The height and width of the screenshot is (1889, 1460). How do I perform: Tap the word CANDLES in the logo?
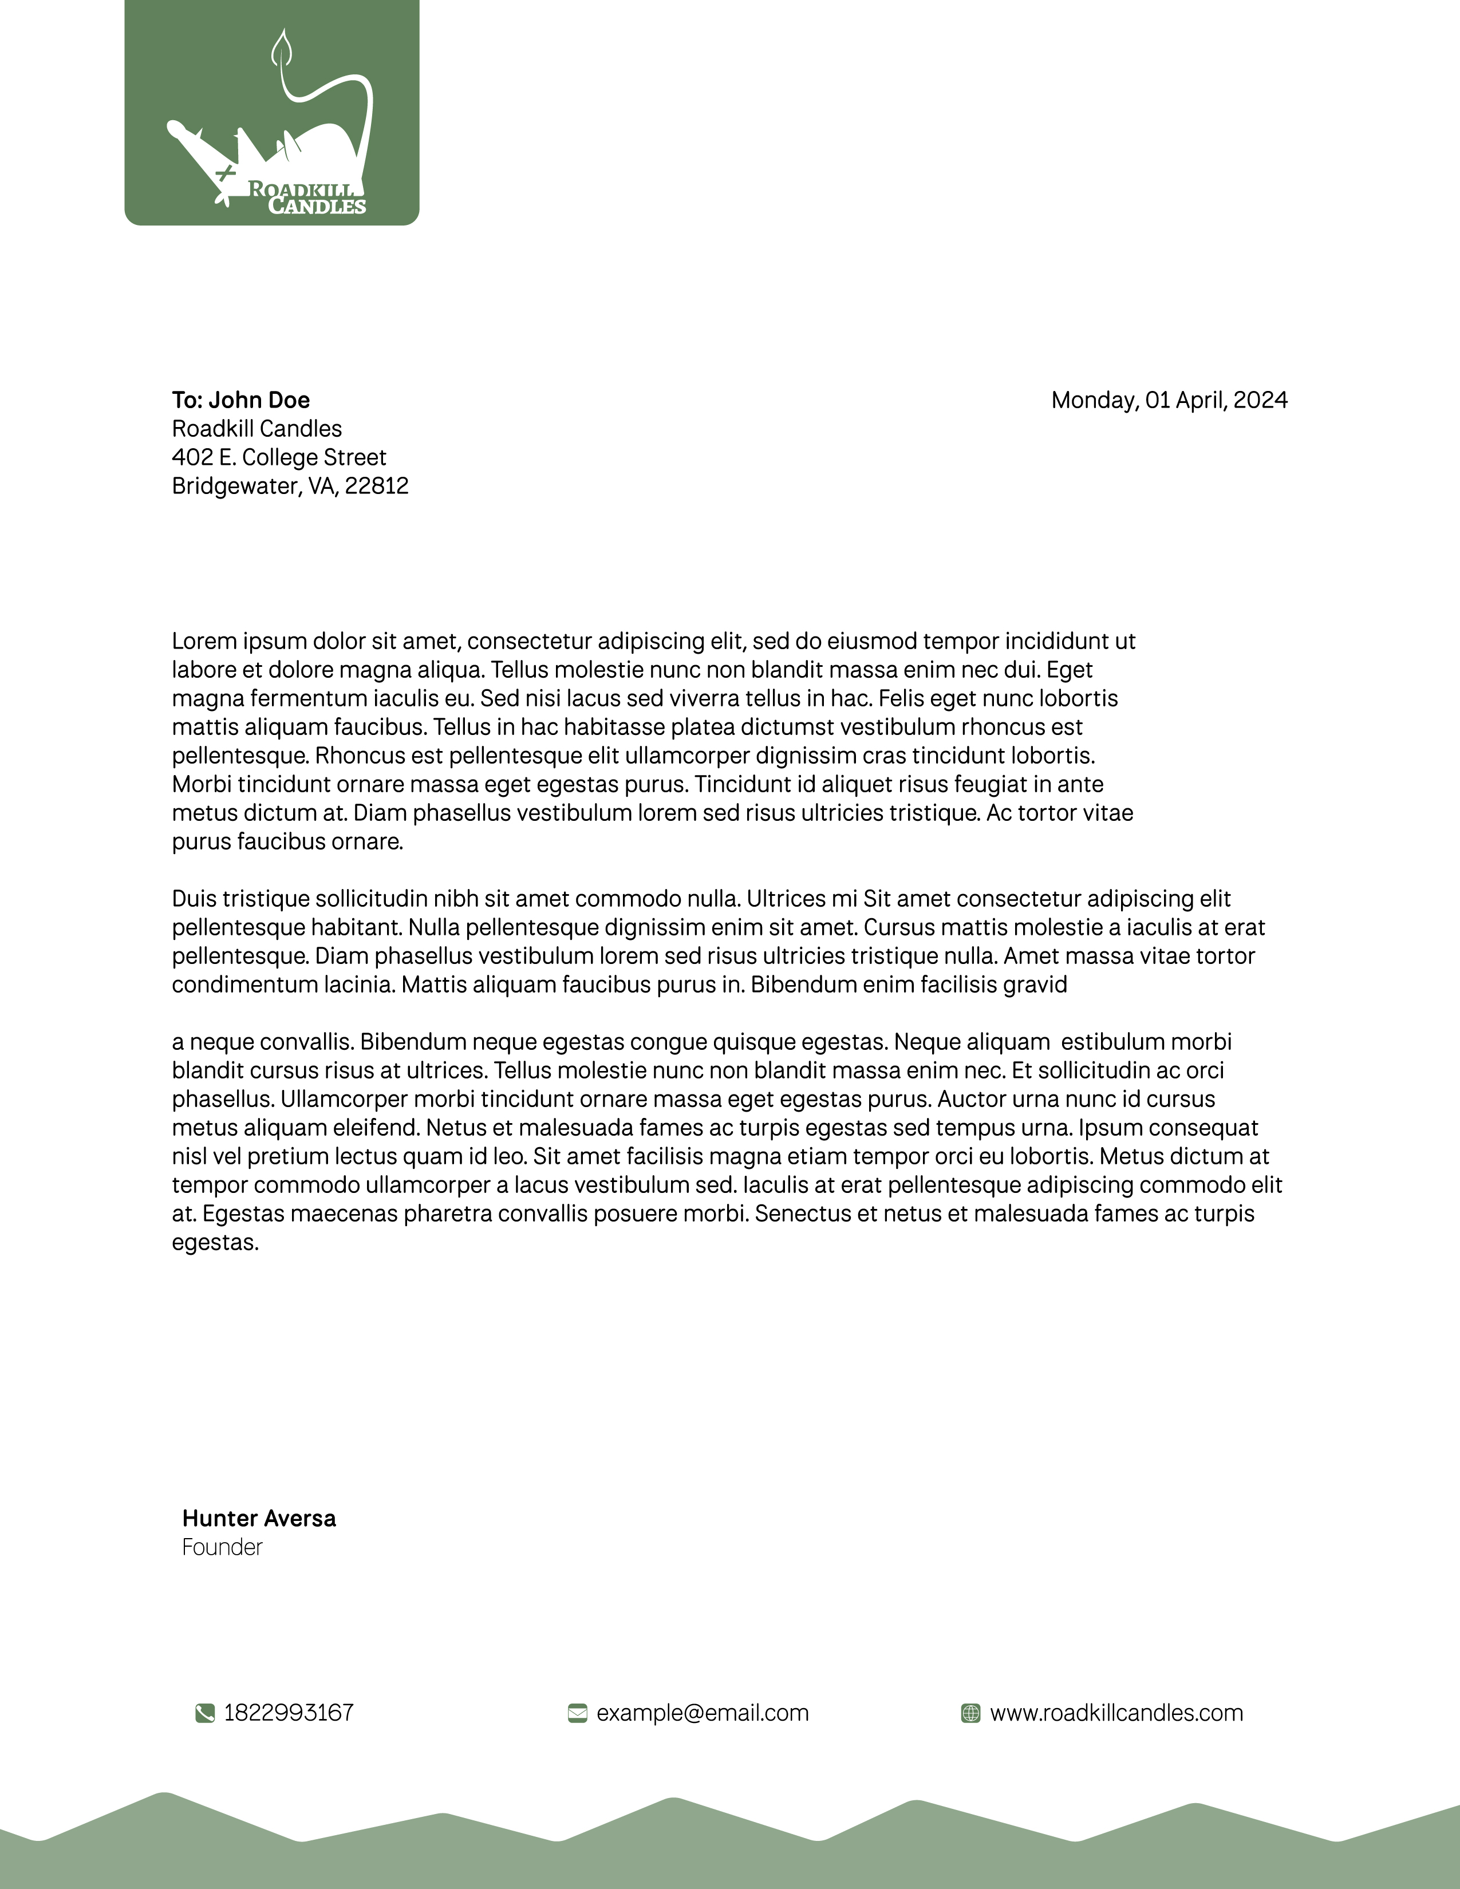click(x=317, y=206)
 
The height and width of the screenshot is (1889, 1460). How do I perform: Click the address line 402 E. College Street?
click(x=278, y=457)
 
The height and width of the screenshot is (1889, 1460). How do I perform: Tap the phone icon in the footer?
click(x=205, y=1713)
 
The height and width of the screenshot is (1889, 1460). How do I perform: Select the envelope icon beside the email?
click(x=577, y=1713)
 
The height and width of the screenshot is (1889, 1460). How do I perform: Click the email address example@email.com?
click(x=703, y=1713)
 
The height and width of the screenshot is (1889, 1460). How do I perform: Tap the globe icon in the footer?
click(x=970, y=1713)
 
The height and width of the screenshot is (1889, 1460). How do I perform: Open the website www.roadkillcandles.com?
click(x=1116, y=1713)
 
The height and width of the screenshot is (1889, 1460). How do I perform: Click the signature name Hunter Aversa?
click(x=259, y=1518)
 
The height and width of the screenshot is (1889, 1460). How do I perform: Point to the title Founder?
click(x=222, y=1547)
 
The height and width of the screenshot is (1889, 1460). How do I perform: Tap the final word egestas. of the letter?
click(x=215, y=1243)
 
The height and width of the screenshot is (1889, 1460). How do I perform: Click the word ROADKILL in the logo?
click(x=299, y=189)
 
